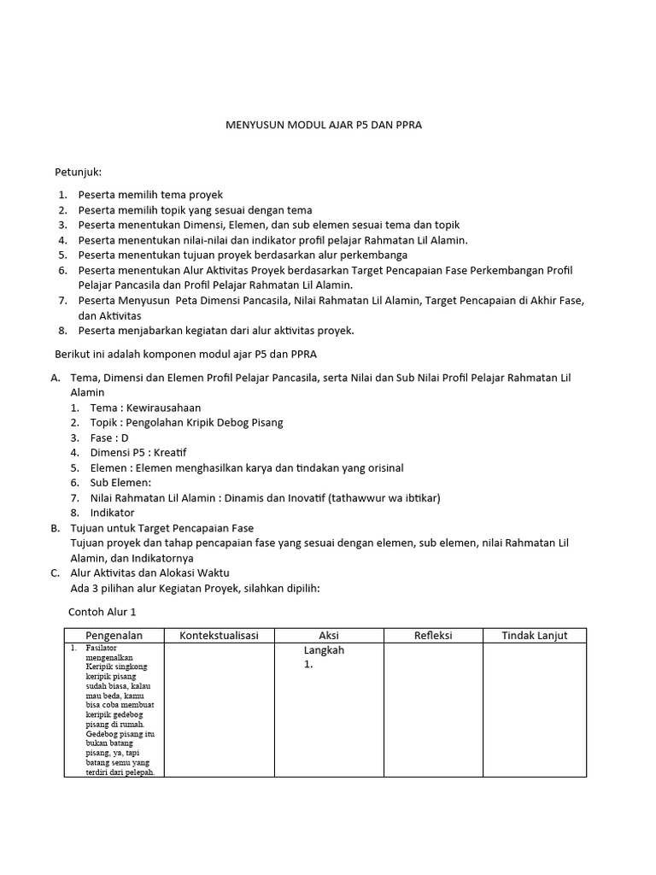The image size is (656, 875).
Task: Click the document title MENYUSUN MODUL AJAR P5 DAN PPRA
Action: [323, 125]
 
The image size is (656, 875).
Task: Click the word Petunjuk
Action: [78, 173]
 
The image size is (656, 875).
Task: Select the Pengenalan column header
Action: [114, 635]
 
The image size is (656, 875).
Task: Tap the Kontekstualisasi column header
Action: [219, 635]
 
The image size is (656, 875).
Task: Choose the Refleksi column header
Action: [433, 635]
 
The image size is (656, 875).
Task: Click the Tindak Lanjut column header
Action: [534, 635]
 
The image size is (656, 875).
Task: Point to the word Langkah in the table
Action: [324, 650]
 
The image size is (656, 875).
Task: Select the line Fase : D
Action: [109, 437]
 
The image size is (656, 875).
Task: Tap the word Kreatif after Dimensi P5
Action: [171, 452]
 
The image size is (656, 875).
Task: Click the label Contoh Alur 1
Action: [102, 612]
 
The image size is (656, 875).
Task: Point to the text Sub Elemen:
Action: [120, 483]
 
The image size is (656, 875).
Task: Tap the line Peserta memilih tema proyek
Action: [149, 195]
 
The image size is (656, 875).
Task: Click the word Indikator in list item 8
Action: [112, 513]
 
